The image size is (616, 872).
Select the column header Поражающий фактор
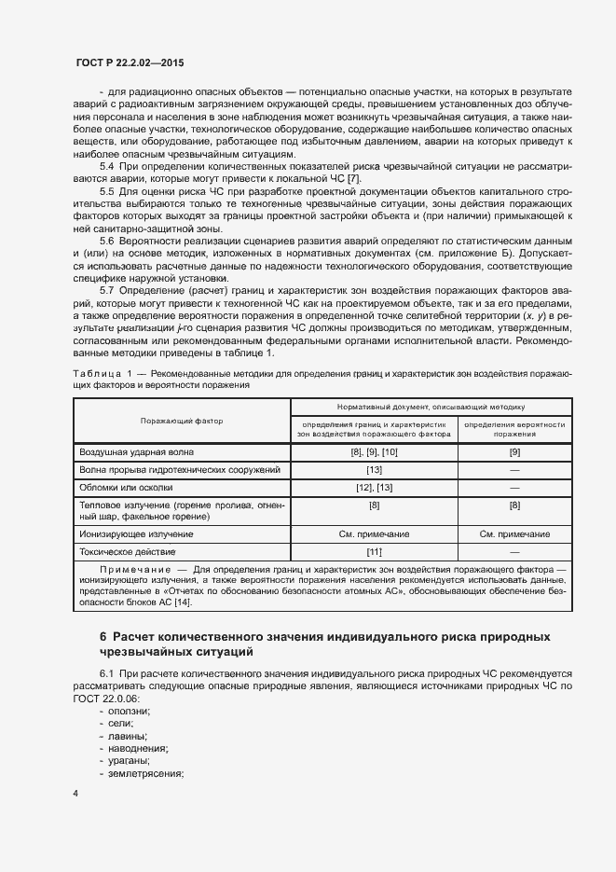point(182,421)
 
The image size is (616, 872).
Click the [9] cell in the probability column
point(514,452)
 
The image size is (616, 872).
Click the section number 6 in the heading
point(103,637)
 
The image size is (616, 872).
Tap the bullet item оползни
point(130,711)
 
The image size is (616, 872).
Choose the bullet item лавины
point(129,736)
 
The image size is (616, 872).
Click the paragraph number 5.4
point(107,165)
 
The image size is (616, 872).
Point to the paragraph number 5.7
point(107,290)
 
